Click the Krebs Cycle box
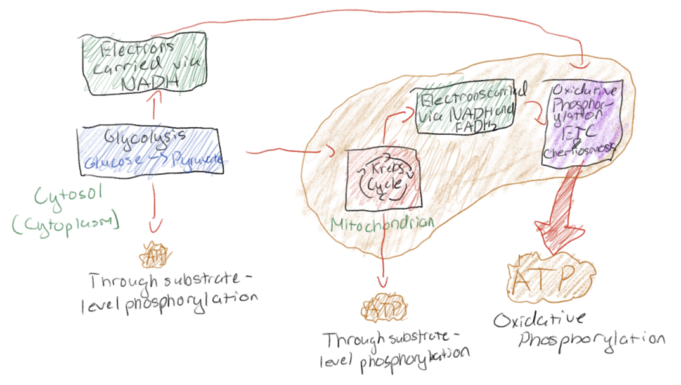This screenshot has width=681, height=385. [x=380, y=180]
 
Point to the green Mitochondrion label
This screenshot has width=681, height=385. [x=382, y=224]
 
